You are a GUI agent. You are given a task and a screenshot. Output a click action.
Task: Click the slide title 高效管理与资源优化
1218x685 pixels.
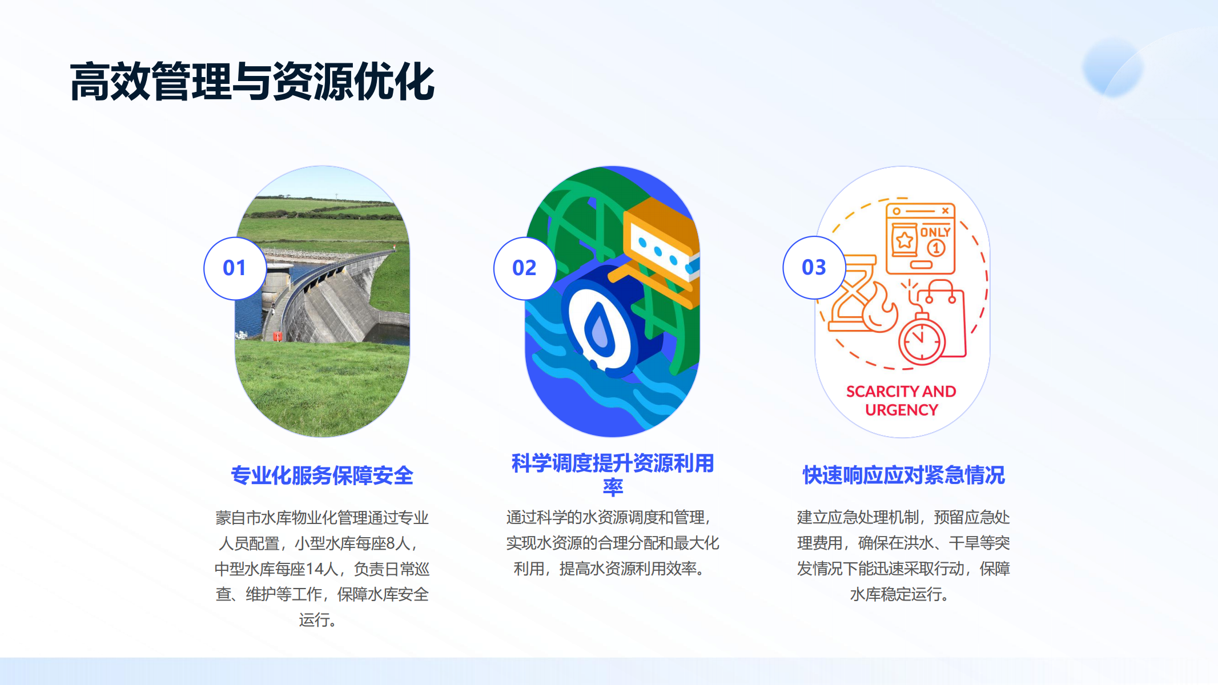click(252, 82)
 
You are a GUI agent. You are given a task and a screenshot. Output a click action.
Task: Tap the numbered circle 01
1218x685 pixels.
click(235, 268)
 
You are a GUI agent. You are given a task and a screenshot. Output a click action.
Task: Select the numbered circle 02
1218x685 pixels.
click(524, 268)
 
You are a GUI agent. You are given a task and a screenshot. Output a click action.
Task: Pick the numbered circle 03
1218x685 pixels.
click(814, 268)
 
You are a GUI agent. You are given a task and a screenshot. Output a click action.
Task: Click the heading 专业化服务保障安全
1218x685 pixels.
click(322, 476)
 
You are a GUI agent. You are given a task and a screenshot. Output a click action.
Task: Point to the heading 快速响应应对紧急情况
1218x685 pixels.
click(903, 475)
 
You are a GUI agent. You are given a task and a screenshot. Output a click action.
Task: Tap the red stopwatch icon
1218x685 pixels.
click(922, 339)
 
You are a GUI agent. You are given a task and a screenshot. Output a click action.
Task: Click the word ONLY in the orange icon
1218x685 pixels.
click(935, 232)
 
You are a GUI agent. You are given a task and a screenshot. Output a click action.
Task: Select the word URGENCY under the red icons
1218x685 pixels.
click(902, 410)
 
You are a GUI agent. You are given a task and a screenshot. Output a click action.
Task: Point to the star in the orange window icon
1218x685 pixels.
click(905, 240)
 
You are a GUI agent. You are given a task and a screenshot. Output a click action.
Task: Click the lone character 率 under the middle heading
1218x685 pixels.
click(613, 487)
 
